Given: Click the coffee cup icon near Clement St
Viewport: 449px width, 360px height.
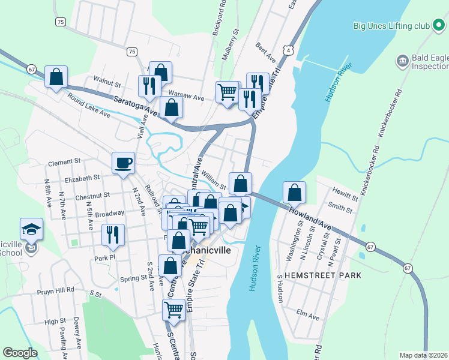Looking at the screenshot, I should point(123,163).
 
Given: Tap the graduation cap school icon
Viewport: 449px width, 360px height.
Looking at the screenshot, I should point(31,229).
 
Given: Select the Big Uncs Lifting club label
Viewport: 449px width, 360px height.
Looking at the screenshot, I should point(391,26).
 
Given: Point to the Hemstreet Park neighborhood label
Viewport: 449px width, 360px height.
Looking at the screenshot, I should point(324,275).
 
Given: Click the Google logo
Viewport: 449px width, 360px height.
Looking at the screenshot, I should point(20,353).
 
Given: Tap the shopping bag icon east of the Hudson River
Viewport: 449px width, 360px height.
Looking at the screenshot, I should point(294,193).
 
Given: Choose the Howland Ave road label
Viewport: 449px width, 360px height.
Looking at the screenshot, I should point(310,218).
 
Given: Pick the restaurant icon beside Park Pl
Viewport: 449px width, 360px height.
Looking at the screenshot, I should point(112,235).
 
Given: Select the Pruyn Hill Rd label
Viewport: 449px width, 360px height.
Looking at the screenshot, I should point(55,289).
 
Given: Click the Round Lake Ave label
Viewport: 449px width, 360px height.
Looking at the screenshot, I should point(88,104).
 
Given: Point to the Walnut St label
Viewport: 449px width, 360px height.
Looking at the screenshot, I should point(107,78).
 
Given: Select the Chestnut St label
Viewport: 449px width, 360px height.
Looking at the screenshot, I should point(92,195).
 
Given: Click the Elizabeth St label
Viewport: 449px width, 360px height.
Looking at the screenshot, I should point(82,178).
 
